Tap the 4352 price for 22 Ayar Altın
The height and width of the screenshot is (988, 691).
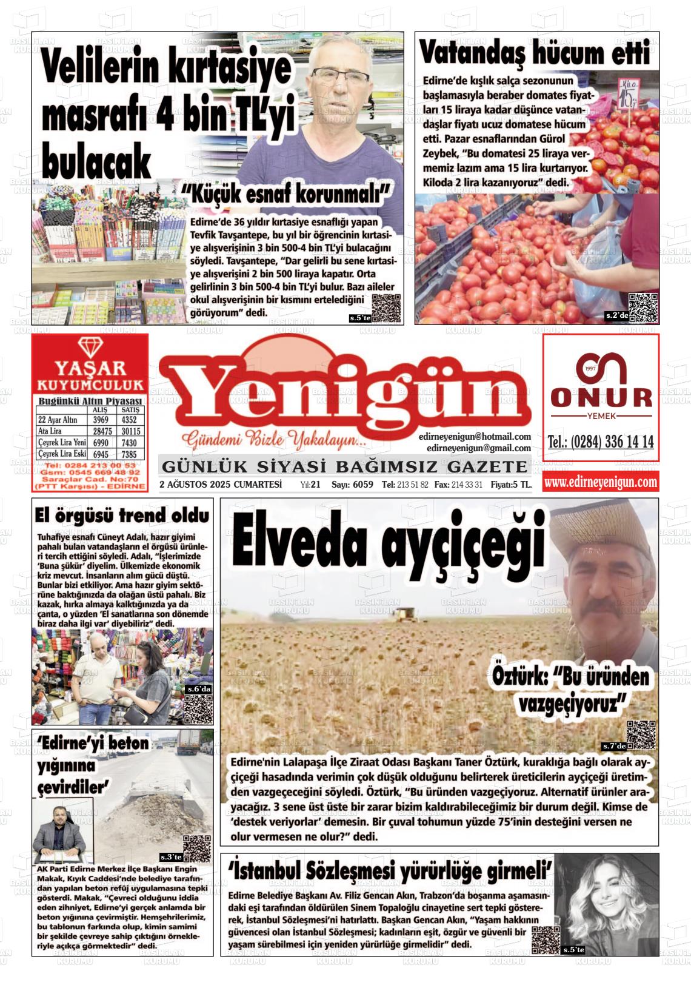coord(129,420)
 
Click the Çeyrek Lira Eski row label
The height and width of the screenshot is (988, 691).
coord(62,454)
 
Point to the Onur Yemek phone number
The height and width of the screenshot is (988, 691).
coord(600,442)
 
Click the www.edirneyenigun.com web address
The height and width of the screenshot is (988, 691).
coord(600,482)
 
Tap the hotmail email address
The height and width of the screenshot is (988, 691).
coord(475,437)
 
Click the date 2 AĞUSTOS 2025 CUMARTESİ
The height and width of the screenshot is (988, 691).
coord(221,484)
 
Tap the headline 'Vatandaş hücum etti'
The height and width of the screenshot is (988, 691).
coord(535,52)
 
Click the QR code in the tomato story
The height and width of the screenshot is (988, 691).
coord(643,307)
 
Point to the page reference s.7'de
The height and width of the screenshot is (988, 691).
coord(613,745)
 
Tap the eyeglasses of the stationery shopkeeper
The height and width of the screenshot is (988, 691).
coord(340,77)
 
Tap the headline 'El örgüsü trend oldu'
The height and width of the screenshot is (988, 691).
coord(122,516)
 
